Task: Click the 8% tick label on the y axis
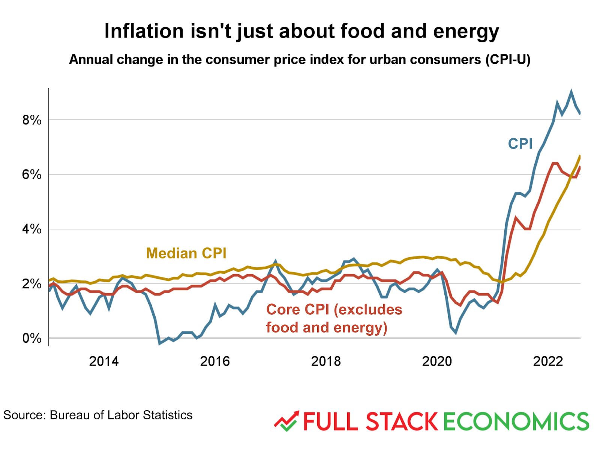click(x=31, y=120)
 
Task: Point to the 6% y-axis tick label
click(x=31, y=174)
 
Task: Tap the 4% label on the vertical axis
click(x=31, y=229)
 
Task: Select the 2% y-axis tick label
click(x=31, y=284)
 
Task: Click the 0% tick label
click(x=31, y=338)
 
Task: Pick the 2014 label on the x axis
click(x=103, y=361)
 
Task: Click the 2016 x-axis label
click(x=214, y=361)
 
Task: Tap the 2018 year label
click(x=326, y=361)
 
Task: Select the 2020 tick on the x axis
click(x=437, y=361)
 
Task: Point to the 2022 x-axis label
click(x=548, y=361)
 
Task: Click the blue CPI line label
click(x=520, y=144)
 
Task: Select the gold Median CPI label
click(x=186, y=253)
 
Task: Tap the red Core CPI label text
click(x=334, y=318)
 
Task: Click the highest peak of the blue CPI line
click(x=571, y=91)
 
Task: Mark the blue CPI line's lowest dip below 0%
click(x=160, y=343)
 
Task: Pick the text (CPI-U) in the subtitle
click(x=508, y=60)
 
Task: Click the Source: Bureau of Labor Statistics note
click(x=98, y=415)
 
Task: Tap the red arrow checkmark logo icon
click(x=286, y=421)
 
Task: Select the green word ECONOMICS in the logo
click(x=516, y=421)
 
